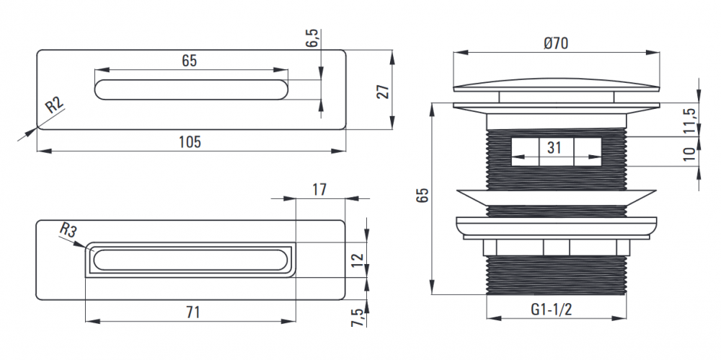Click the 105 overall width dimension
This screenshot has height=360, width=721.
coord(190,142)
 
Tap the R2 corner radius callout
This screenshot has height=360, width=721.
coord(54,106)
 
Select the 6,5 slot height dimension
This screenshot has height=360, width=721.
coord(313,38)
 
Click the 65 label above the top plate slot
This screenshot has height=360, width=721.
coord(189,61)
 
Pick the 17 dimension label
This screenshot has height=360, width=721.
coord(319,189)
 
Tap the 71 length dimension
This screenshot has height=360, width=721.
coord(193,312)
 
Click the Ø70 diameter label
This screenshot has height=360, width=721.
coord(556,43)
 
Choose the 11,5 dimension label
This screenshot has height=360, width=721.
coord(689,120)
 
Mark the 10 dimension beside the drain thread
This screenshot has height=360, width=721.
coord(689,154)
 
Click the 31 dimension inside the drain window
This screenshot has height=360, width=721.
coord(554,148)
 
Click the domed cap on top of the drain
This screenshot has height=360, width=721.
coord(557,84)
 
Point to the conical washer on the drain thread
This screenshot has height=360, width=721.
coord(556,198)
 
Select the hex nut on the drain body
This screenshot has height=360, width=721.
coord(556,247)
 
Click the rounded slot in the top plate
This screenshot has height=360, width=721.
coord(191,89)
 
